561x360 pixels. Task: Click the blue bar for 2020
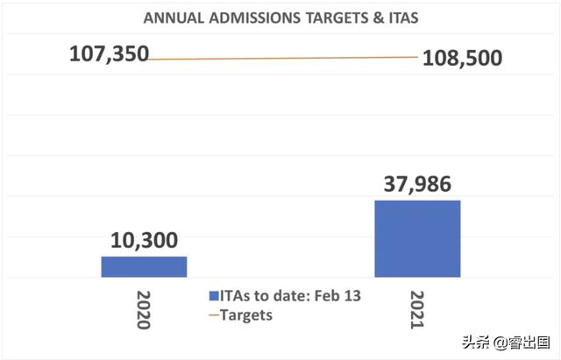(x=144, y=266)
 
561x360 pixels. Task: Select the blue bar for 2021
(x=417, y=238)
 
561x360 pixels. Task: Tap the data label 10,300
(x=145, y=238)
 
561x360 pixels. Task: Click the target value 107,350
(x=108, y=55)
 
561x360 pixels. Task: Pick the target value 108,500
(x=462, y=58)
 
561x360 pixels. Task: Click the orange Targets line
(x=280, y=59)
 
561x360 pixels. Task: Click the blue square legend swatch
(x=214, y=296)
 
